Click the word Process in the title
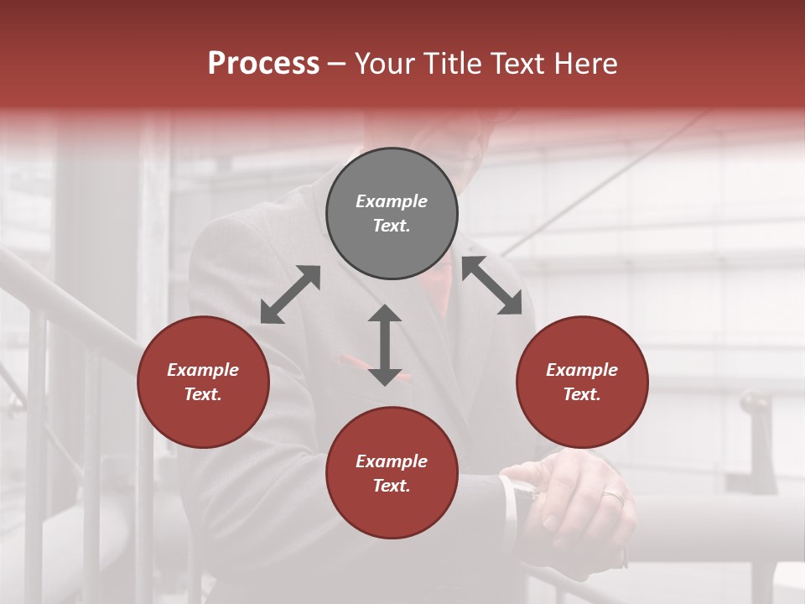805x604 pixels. point(263,64)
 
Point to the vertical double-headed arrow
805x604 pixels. point(385,345)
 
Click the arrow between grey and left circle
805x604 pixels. point(290,294)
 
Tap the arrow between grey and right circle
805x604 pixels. point(492,285)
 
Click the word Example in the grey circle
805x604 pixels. point(392,201)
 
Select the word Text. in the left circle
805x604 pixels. point(203,394)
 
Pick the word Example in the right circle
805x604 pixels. point(582,370)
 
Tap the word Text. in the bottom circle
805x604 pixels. point(392,486)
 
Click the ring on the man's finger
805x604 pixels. point(613,497)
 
